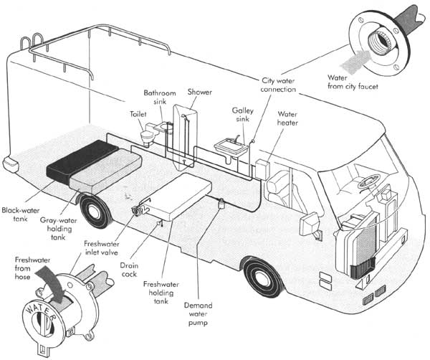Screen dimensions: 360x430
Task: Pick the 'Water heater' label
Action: click(287, 118)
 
